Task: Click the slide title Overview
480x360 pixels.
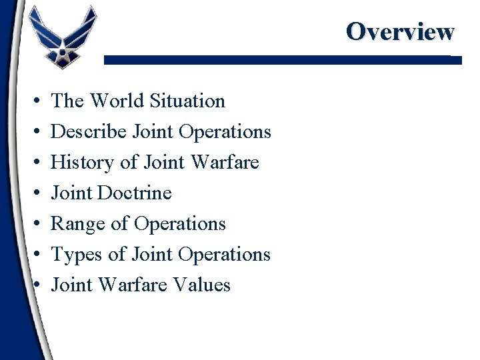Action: pos(400,31)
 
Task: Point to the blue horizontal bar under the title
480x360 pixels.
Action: pos(282,60)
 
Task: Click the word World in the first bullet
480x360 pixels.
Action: pos(117,101)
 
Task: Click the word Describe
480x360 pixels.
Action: pos(89,132)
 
